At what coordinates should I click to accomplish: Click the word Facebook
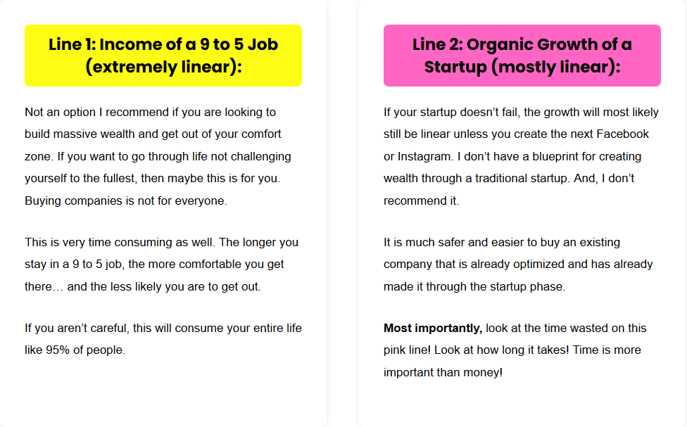pos(622,134)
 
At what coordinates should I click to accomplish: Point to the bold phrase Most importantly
pos(433,328)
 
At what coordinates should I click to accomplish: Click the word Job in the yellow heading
pos(263,44)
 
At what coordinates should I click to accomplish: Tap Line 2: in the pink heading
pos(437,44)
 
